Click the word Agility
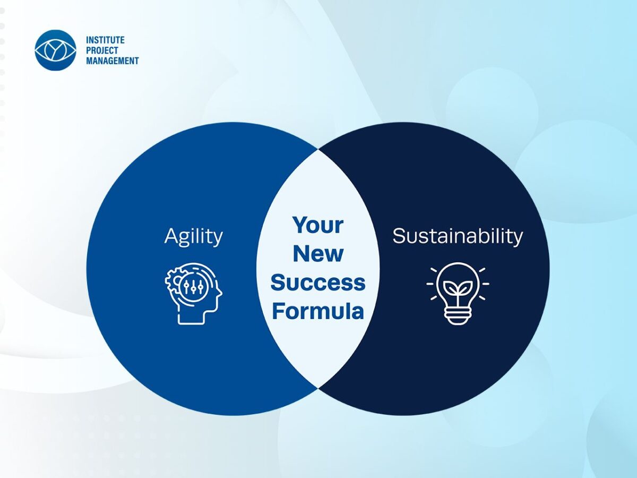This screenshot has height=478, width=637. tap(194, 236)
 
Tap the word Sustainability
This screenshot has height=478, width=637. tap(458, 236)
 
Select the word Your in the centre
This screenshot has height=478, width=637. tap(318, 225)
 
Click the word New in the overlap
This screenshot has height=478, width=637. tap(318, 253)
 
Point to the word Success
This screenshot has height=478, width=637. tap(318, 283)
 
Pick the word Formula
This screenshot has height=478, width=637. tap(318, 311)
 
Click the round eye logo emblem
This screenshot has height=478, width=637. tap(55, 50)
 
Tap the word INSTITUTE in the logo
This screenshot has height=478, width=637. tap(105, 40)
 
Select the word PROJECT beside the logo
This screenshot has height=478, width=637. tap(102, 50)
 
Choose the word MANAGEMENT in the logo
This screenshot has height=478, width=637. tap(113, 61)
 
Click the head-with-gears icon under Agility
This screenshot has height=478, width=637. tap(194, 293)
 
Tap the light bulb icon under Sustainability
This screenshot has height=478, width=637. tap(458, 293)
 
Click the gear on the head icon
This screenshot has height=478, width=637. tap(173, 280)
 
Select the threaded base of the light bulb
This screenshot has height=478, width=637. tap(458, 317)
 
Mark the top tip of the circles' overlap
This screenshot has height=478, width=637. tap(318, 149)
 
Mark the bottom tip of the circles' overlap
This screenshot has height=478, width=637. tap(318, 388)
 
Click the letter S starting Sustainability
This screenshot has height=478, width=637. tap(399, 236)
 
